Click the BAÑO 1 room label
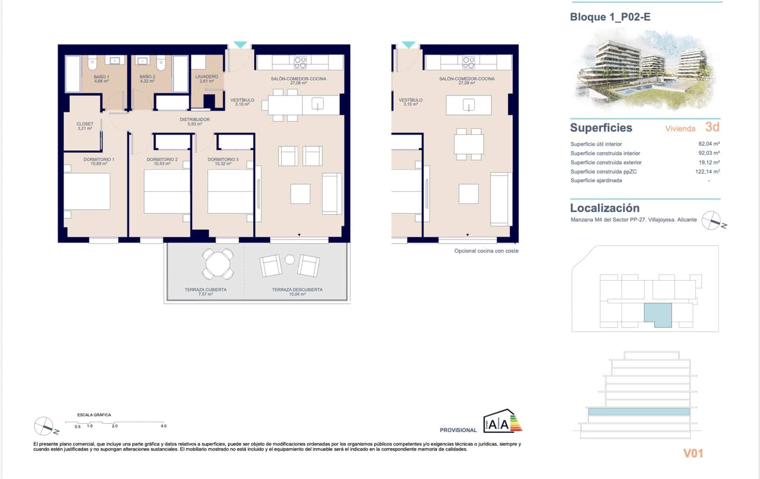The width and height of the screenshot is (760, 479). point(101,79)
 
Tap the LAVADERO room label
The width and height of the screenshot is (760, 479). point(207,79)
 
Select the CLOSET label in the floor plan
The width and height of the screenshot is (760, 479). point(85,126)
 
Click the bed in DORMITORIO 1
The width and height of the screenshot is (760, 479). point(87,191)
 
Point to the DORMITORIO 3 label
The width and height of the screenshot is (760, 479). point(223,161)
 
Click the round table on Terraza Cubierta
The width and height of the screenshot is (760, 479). point(218,263)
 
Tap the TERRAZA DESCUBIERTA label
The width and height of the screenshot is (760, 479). point(297,291)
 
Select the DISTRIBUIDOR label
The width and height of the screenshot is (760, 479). point(195,122)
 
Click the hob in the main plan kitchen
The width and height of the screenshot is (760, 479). point(300,62)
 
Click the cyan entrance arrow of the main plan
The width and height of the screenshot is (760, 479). point(240,45)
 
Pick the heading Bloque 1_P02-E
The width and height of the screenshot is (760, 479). point(610,17)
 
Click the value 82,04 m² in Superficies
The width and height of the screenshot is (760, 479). point(709,144)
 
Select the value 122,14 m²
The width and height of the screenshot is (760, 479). point(707,171)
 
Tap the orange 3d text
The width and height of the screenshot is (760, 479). point(712,127)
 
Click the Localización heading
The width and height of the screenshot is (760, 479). point(604,208)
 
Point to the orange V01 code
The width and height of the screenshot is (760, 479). point(693,453)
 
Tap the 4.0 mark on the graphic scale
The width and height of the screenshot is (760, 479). point(163,426)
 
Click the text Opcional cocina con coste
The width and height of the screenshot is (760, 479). point(486,251)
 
